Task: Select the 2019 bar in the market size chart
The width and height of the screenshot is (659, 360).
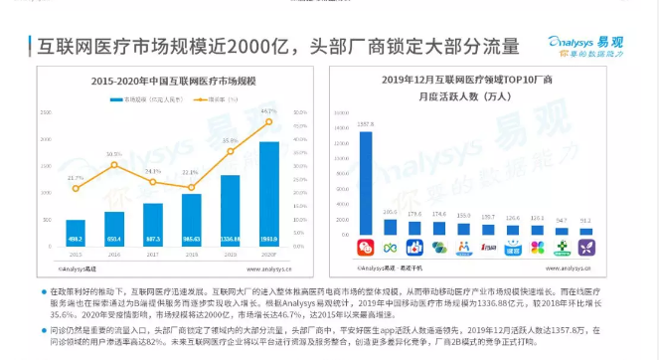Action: (x=231, y=210)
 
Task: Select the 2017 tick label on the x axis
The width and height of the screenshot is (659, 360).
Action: (x=153, y=255)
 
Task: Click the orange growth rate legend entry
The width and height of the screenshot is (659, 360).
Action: (x=220, y=99)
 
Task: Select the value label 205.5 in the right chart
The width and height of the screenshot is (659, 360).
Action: (x=391, y=212)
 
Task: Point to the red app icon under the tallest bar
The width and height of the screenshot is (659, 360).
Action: (x=367, y=246)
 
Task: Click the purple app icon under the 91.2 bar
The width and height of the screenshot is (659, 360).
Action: (x=584, y=246)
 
